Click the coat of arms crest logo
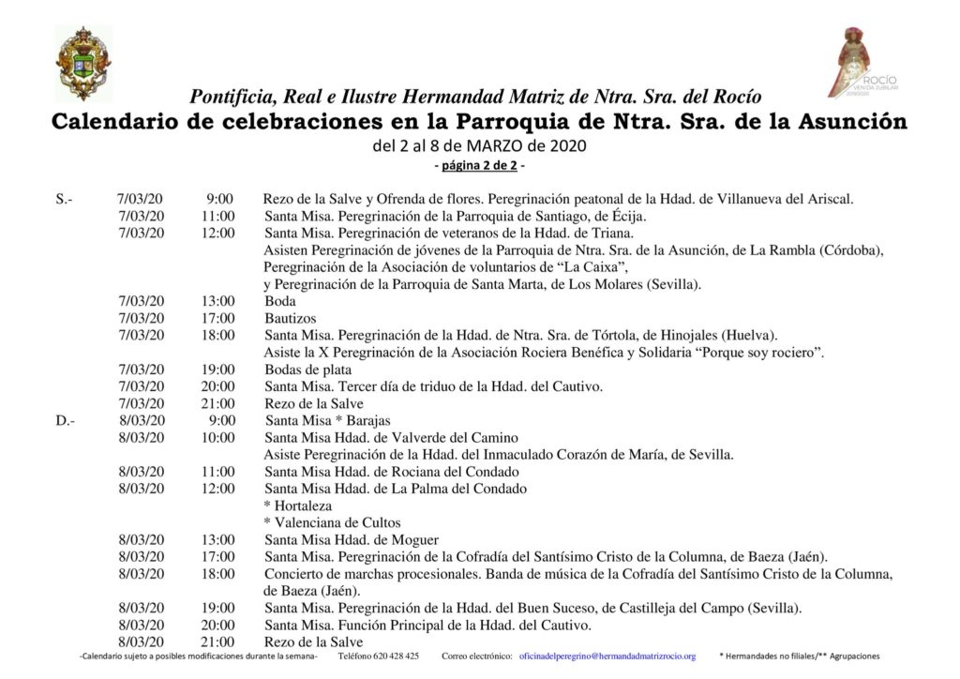pyautogui.click(x=83, y=63)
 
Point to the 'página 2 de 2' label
pyautogui.click(x=479, y=166)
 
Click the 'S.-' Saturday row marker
pyautogui.click(x=65, y=199)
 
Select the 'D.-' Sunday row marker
pyautogui.click(x=65, y=420)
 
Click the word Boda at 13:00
pyautogui.click(x=280, y=301)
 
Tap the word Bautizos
pyautogui.click(x=290, y=318)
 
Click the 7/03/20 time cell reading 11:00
pyautogui.click(x=217, y=216)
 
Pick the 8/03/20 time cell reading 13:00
pyautogui.click(x=217, y=539)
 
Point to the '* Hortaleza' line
pyautogui.click(x=299, y=505)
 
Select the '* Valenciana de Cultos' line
pyautogui.click(x=333, y=522)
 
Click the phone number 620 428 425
pyautogui.click(x=393, y=656)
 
